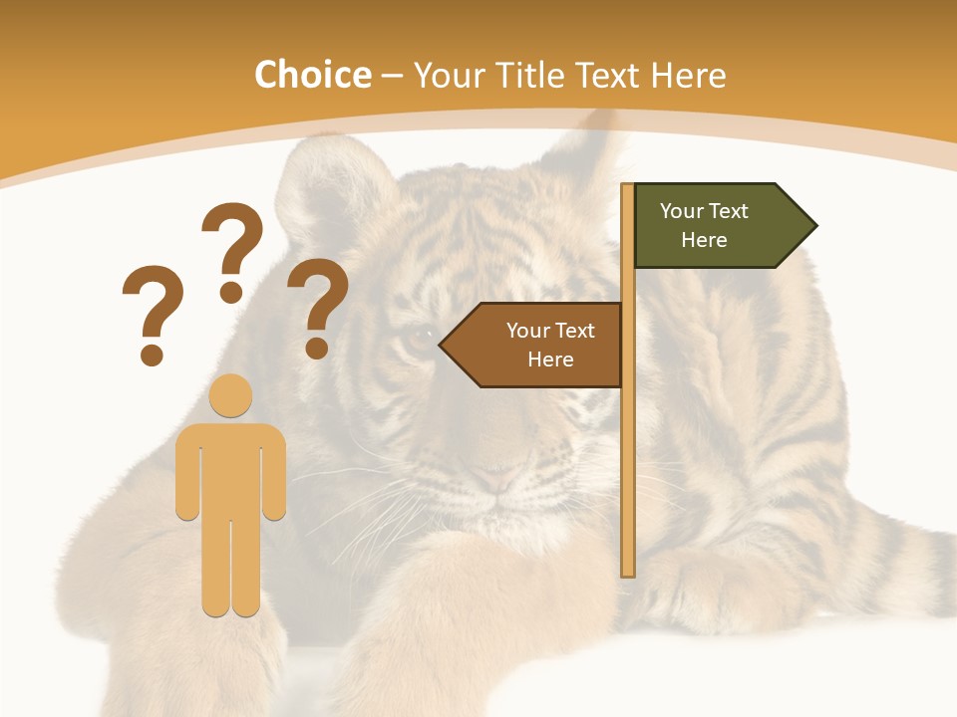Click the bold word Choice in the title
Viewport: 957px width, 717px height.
[312, 76]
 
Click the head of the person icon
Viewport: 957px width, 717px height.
[231, 395]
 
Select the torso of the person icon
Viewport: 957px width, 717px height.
[231, 468]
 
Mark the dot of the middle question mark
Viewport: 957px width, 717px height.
[231, 292]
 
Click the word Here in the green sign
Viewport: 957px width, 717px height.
[704, 240]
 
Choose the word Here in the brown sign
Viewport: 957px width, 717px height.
[550, 359]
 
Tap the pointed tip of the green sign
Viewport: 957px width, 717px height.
[814, 226]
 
